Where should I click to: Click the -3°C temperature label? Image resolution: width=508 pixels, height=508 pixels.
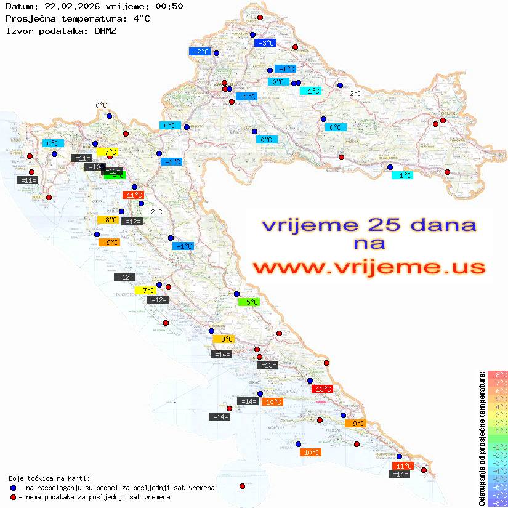pyautogui.click(x=265, y=43)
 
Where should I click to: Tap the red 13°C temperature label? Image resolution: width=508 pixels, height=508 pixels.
pyautogui.click(x=323, y=389)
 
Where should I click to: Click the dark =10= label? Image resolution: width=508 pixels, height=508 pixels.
pyautogui.click(x=95, y=167)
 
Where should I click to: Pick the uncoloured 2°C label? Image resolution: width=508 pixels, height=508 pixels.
pyautogui.click(x=355, y=94)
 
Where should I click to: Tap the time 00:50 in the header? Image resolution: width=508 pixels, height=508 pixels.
pyautogui.click(x=169, y=6)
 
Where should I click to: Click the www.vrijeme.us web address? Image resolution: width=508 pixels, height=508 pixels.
pyautogui.click(x=368, y=267)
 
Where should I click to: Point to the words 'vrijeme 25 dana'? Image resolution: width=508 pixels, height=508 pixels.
pyautogui.click(x=368, y=225)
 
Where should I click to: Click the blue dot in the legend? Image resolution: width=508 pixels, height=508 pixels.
pyautogui.click(x=13, y=488)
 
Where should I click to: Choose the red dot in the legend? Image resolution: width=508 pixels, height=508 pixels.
pyautogui.click(x=13, y=497)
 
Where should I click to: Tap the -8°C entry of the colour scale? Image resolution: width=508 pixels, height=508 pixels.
pyautogui.click(x=498, y=502)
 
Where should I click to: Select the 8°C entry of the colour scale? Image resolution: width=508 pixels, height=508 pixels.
pyautogui.click(x=498, y=375)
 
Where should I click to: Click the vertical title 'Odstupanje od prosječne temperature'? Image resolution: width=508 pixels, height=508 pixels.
pyautogui.click(x=482, y=438)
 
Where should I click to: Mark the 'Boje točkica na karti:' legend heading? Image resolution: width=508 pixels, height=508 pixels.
pyautogui.click(x=50, y=478)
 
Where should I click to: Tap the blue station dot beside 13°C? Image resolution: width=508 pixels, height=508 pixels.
pyautogui.click(x=310, y=381)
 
